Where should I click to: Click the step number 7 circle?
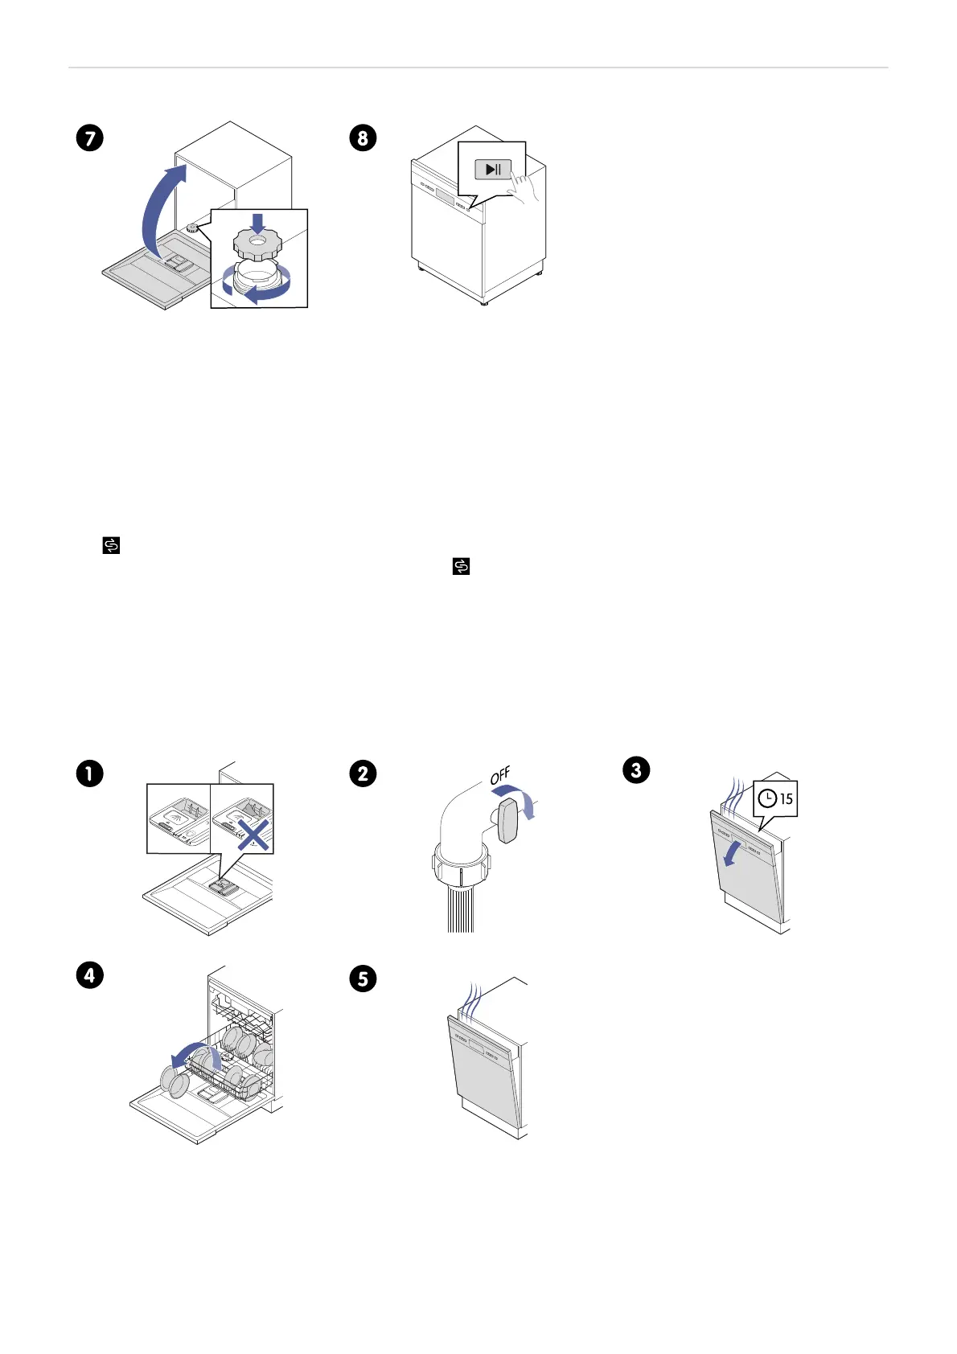coord(90,138)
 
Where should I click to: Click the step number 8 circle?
coord(363,138)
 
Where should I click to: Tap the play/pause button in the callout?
coord(493,170)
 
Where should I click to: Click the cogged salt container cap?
coord(256,244)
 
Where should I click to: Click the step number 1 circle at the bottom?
coord(90,773)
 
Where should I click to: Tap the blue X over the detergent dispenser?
coord(253,832)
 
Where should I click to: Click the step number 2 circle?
coord(363,773)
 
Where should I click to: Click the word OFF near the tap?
coord(500,776)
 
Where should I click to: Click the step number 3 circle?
coord(636,769)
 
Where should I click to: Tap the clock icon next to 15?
coord(768,798)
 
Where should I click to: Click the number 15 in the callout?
coord(786,799)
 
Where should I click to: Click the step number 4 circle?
coord(90,975)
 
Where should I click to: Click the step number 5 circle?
coord(363,979)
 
